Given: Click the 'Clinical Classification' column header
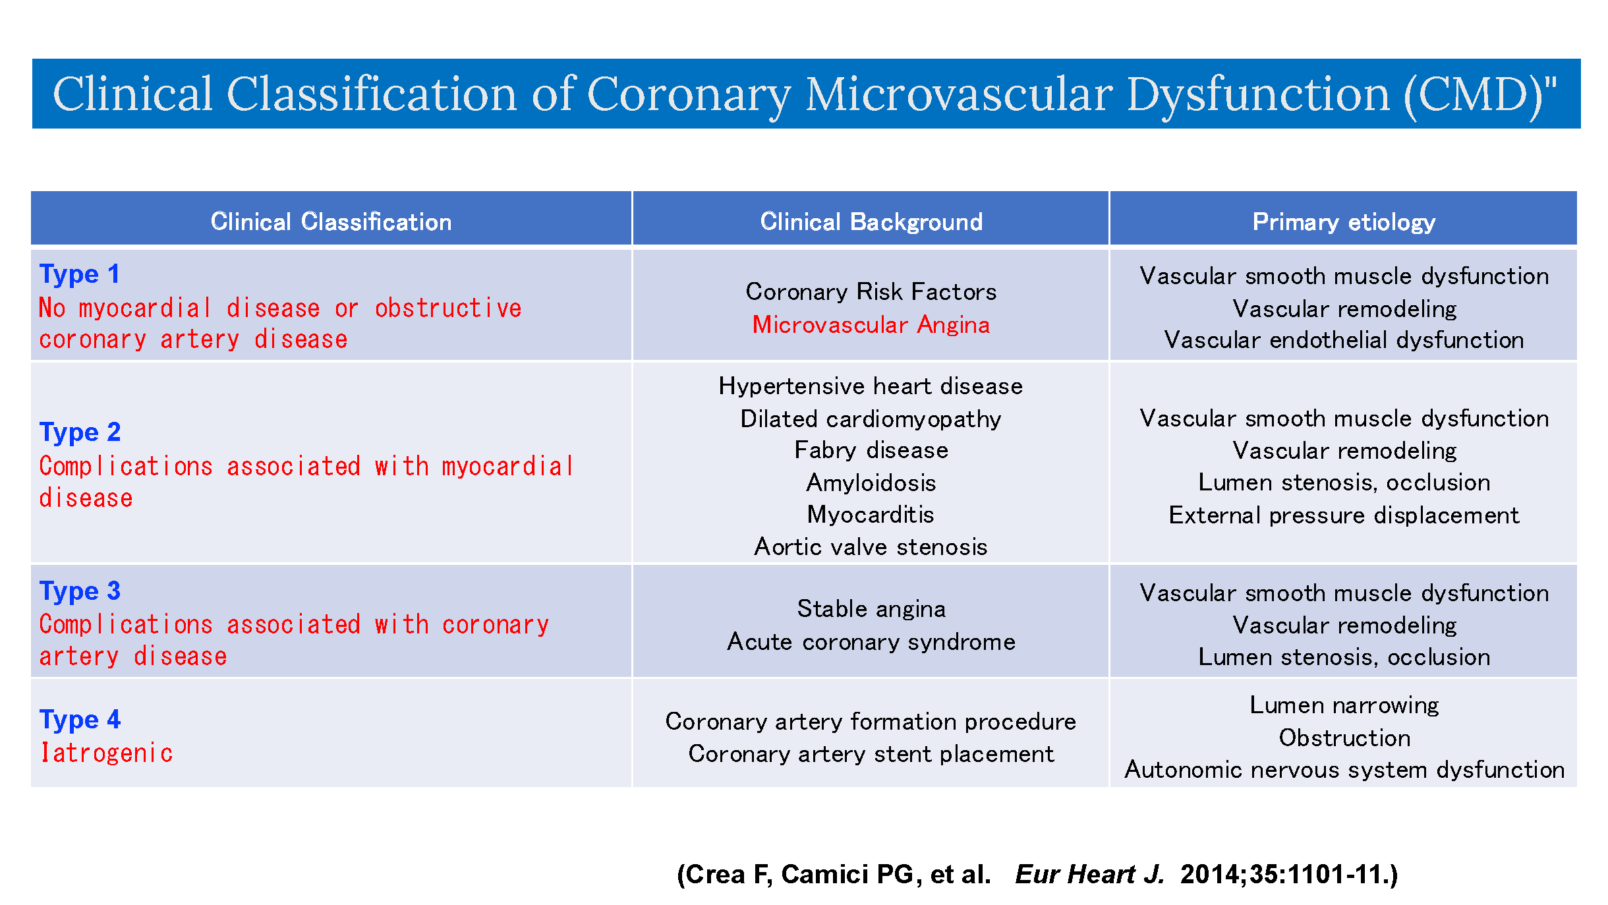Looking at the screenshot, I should point(331,221).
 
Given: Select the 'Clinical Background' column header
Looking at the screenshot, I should point(871,221).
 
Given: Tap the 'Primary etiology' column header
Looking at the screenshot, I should point(1343,221).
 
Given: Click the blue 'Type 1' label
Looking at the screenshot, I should point(80,274).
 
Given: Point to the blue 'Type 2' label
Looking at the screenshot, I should point(80,432).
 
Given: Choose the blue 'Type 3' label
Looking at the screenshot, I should point(80,591).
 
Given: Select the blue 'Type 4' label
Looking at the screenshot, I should point(80,719).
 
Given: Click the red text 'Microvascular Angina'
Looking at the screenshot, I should point(871,325).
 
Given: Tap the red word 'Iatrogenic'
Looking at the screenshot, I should point(106,753).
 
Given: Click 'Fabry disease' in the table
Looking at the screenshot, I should point(871,450).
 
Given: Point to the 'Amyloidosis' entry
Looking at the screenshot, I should point(871,483).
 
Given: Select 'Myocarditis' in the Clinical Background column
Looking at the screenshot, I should point(871,515).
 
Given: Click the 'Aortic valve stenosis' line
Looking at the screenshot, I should point(871,547).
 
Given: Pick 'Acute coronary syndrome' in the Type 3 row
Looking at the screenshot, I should point(871,642).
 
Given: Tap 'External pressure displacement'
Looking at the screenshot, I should point(1343,515).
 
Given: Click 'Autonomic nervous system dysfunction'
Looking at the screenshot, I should point(1344,770).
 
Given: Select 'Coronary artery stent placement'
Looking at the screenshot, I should point(871,754).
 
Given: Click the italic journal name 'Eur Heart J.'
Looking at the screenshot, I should point(1089,875).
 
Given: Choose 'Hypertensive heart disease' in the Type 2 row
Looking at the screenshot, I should point(871,386).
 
